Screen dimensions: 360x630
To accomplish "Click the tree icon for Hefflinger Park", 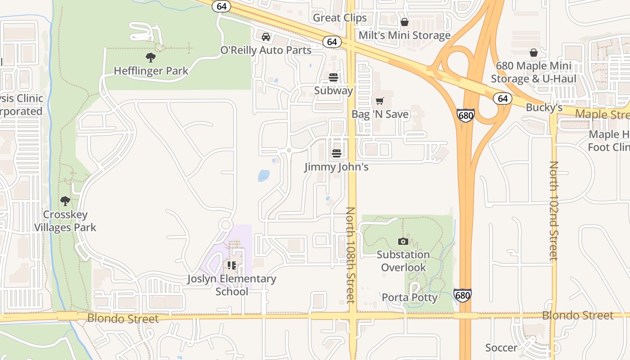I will [x=151, y=57].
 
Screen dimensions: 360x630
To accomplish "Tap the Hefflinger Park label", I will [x=151, y=71].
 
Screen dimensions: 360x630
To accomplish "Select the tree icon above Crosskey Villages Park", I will [x=65, y=201].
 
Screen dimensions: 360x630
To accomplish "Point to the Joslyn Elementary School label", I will [x=232, y=285].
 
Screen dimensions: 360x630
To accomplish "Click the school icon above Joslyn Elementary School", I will [x=232, y=265].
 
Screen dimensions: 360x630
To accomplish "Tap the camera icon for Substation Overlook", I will [x=403, y=241].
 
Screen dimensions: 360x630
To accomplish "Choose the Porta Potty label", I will [x=409, y=297].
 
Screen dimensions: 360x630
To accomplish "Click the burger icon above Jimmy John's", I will [x=336, y=153].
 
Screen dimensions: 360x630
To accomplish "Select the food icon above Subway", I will [x=333, y=77].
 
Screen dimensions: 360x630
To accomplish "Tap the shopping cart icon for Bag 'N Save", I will [x=380, y=101].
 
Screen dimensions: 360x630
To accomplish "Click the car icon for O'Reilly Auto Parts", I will [x=266, y=36].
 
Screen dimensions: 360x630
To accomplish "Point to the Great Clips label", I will [x=340, y=18].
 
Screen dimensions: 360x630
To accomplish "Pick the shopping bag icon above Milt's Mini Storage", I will [x=405, y=22].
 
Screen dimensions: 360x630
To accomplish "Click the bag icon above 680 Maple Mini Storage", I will [x=533, y=53].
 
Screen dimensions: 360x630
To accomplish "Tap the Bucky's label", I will [x=544, y=108].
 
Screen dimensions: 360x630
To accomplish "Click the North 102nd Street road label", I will [x=553, y=211].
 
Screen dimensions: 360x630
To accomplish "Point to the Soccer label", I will [x=501, y=348].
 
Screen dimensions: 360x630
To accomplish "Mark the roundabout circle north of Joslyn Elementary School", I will [x=225, y=225].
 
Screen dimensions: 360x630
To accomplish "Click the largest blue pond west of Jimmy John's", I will [x=264, y=175].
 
